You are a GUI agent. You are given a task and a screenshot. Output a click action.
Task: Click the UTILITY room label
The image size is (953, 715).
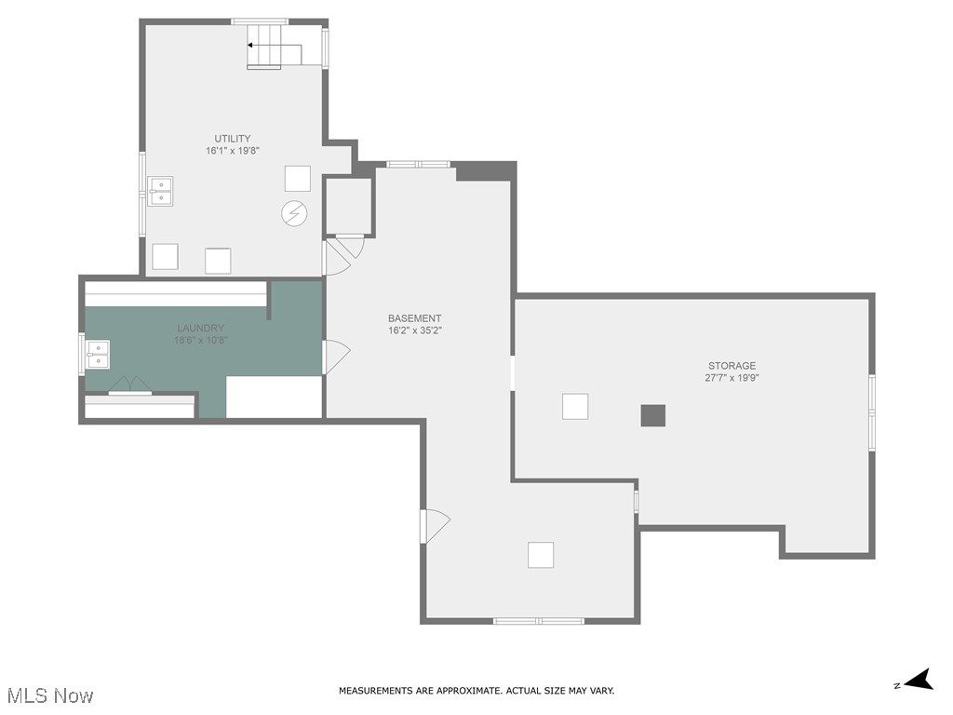(x=232, y=139)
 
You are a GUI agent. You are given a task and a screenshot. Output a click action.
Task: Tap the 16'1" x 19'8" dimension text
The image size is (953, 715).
(x=232, y=150)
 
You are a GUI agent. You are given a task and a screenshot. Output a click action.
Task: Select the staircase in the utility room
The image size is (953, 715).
(x=264, y=47)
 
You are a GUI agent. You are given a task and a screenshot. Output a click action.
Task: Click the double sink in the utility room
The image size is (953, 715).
(x=160, y=191)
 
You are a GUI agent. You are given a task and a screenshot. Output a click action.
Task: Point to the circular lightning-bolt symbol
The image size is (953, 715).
(x=293, y=213)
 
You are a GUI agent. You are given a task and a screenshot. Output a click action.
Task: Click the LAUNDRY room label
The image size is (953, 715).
(x=200, y=328)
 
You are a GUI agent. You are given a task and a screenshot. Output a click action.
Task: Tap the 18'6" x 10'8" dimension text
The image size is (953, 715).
(x=200, y=340)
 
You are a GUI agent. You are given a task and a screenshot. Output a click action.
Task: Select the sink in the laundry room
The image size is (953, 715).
(x=98, y=355)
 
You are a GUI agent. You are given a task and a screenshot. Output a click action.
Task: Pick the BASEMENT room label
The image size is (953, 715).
(x=414, y=318)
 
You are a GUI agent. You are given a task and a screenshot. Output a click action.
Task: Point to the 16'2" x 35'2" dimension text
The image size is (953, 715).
(x=414, y=331)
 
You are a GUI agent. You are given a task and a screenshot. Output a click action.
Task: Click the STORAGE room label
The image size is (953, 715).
(x=732, y=366)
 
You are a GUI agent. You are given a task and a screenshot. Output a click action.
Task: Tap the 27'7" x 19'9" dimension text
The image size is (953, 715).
(x=732, y=378)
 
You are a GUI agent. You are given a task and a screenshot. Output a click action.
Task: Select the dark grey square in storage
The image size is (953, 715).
(x=653, y=415)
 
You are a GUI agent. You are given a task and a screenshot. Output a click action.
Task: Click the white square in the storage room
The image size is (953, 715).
(x=575, y=407)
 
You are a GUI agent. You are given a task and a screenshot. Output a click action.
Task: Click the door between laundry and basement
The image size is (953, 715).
(x=334, y=357)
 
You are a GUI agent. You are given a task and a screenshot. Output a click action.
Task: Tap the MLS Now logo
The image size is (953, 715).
(x=49, y=695)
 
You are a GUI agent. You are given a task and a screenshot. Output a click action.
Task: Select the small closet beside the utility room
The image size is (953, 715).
(x=348, y=206)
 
